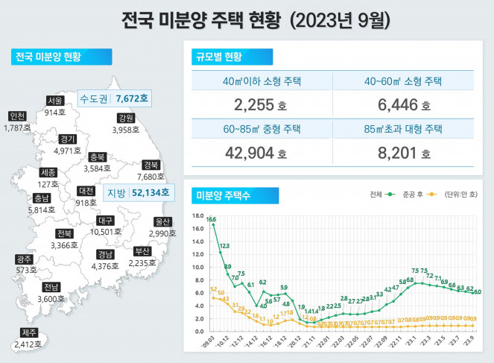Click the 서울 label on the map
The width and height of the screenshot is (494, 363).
55,101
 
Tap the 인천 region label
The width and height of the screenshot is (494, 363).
18,116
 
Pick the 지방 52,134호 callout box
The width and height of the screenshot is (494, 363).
139,193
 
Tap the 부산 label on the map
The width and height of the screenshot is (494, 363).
142,250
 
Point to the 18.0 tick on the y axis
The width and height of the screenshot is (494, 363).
198,216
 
